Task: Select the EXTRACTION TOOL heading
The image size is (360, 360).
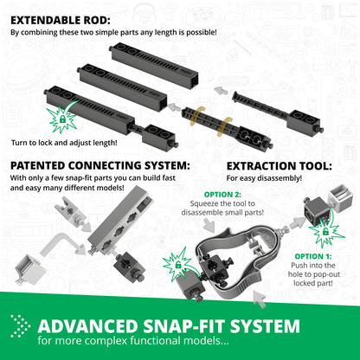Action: pyautogui.click(x=279, y=166)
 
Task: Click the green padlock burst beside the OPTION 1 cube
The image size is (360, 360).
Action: pyautogui.click(x=327, y=229)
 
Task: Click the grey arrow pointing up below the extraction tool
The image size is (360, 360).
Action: pyautogui.click(x=259, y=300)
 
